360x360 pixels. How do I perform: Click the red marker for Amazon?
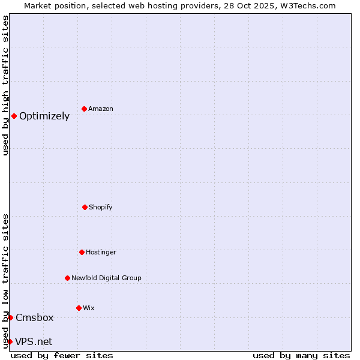coord(84,109)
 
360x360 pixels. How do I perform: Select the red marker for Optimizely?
coord(14,116)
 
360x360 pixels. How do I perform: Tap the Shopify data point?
coord(85,207)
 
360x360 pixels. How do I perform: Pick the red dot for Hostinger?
coord(82,252)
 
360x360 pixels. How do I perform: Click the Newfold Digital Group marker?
coord(67,278)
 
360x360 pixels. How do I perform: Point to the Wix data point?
coord(79,308)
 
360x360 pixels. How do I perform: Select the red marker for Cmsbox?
coord(10,317)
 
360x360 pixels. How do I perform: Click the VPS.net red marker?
coord(10,341)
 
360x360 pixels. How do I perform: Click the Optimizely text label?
coord(44,116)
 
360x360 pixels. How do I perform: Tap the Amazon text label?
coord(101,109)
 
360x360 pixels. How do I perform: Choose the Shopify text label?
coord(101,208)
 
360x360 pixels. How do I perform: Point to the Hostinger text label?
coord(101,253)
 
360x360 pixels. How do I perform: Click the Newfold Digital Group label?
coord(106,278)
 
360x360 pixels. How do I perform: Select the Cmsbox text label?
coord(35,318)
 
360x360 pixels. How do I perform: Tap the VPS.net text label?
coord(34,342)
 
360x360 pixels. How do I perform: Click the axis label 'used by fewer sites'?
coord(62,355)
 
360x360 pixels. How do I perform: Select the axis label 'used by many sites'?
coord(301,355)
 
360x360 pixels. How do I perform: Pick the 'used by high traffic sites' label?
coord(5,85)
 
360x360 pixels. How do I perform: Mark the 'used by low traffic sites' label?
coord(5,281)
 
